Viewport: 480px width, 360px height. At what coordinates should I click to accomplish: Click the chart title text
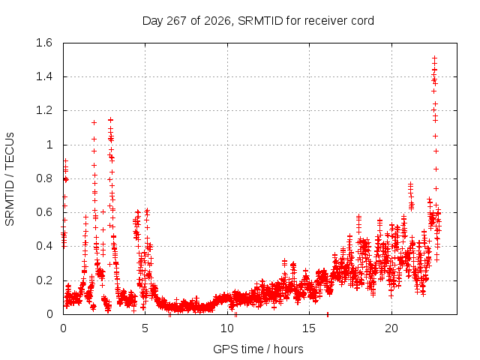(x=258, y=21)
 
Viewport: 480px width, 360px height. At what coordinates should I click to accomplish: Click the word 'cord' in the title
(x=363, y=21)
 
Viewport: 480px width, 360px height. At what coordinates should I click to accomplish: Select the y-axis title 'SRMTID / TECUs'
(x=10, y=179)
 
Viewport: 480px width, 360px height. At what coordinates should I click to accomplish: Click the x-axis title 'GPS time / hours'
(x=258, y=349)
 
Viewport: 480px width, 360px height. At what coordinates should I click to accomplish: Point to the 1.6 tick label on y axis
(x=44, y=43)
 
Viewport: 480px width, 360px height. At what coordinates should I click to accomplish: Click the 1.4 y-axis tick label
(x=44, y=76)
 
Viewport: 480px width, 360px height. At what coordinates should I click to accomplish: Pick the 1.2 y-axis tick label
(x=44, y=110)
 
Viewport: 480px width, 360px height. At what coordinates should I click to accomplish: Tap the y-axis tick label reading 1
(x=49, y=145)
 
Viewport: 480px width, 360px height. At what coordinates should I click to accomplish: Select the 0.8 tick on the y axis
(x=44, y=178)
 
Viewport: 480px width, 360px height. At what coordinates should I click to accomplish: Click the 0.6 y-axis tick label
(x=44, y=212)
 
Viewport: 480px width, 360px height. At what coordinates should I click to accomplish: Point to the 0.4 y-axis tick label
(x=44, y=246)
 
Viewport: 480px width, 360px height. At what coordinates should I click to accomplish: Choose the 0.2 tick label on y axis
(x=44, y=280)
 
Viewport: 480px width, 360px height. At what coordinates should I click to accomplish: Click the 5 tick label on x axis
(x=145, y=328)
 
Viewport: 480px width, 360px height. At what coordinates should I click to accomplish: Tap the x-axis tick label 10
(x=227, y=328)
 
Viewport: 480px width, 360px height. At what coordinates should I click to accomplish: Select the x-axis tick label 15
(x=309, y=328)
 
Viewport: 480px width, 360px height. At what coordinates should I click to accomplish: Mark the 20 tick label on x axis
(x=391, y=328)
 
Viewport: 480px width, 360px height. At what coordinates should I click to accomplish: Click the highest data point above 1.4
(x=434, y=58)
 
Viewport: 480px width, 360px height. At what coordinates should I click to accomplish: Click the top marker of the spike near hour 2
(x=94, y=123)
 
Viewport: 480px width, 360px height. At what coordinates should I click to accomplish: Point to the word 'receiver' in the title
(x=327, y=21)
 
